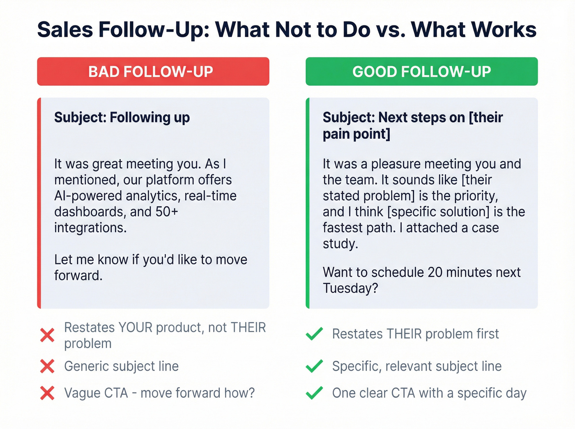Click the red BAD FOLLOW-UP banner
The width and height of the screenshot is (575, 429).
153,71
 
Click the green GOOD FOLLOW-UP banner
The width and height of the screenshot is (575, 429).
421,71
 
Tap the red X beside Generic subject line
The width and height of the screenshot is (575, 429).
47,366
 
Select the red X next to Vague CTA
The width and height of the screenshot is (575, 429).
47,393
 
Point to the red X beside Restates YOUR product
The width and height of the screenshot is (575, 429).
47,335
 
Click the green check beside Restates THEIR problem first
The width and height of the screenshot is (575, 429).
315,334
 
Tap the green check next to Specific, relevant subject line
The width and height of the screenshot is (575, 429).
315,366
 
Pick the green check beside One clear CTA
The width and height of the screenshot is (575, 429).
315,393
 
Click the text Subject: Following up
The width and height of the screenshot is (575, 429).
122,117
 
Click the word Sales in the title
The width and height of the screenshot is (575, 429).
65,30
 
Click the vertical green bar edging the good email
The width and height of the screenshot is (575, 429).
308,203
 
